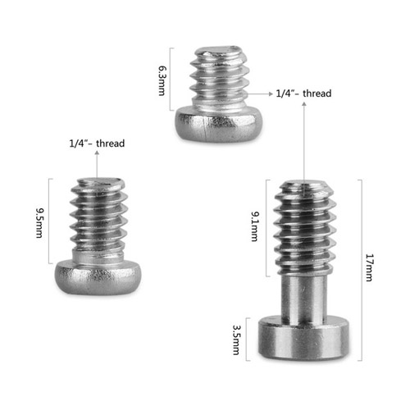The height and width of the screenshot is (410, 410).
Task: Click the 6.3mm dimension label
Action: pyautogui.click(x=162, y=80)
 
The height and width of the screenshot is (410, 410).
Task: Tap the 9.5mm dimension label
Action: pyautogui.click(x=40, y=223)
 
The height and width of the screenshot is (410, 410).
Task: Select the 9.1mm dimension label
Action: pyautogui.click(x=255, y=226)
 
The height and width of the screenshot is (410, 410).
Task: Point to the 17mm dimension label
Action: pyautogui.click(x=370, y=267)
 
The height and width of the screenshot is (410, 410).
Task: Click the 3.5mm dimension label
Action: pyautogui.click(x=236, y=339)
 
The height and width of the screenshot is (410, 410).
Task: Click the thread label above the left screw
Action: pyautogui.click(x=97, y=143)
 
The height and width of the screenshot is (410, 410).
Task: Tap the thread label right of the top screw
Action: pyautogui.click(x=303, y=93)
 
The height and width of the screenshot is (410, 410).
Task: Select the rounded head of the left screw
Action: pyautogui.click(x=98, y=277)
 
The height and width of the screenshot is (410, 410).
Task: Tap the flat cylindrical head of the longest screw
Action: pyautogui.click(x=303, y=338)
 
